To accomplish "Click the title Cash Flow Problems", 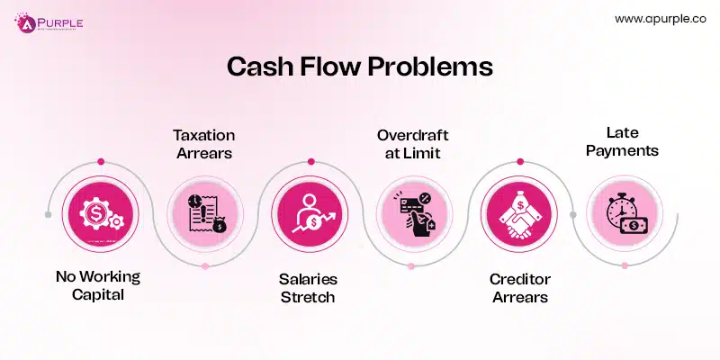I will (359, 68).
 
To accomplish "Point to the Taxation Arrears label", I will (203, 144).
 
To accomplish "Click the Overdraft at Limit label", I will (412, 144).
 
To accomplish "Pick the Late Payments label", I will (620, 142).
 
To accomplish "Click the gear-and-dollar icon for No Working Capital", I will (100, 215).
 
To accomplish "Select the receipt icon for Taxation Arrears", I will (205, 215).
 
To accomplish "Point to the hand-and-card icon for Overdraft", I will (412, 215).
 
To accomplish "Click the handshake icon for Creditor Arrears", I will (516, 215).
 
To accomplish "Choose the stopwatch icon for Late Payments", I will (621, 215).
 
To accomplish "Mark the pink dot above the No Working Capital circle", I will (101, 162).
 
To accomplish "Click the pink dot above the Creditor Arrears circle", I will (517, 162).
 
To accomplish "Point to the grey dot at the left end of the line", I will (47, 215).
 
